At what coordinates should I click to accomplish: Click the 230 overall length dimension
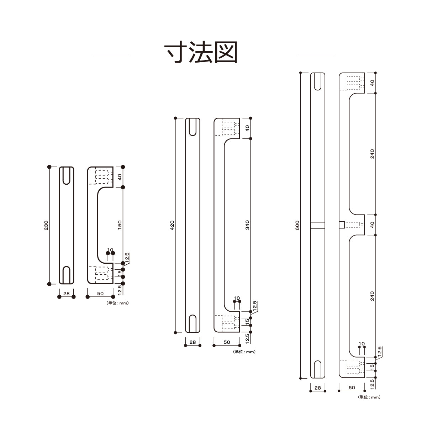(x=46, y=225)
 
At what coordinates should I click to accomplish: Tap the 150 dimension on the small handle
(x=120, y=225)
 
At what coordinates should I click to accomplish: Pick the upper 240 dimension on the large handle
(x=372, y=154)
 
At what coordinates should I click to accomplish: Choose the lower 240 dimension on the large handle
(x=372, y=296)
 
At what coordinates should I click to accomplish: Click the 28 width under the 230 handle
(x=66, y=294)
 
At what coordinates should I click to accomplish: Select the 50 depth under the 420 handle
(x=227, y=342)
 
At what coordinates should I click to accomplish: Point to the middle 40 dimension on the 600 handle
(x=372, y=225)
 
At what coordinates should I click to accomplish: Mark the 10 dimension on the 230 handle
(x=110, y=250)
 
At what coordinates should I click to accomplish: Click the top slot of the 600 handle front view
(x=318, y=82)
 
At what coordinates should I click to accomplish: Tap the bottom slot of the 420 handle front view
(x=193, y=323)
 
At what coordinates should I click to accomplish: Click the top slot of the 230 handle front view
(x=66, y=175)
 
